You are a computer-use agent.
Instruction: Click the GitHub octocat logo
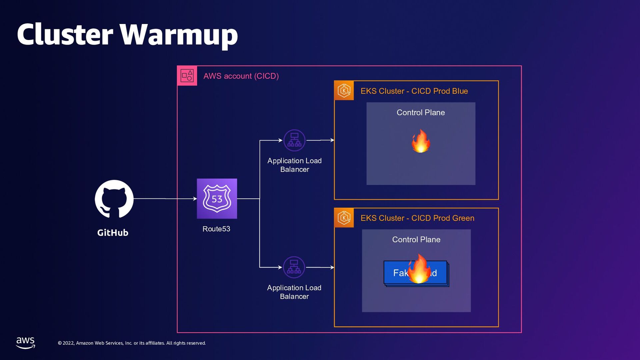coord(114,199)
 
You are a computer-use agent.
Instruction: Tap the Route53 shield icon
coord(217,199)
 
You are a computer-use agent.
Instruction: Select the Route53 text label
coord(216,229)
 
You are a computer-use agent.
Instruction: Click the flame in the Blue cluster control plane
coord(421,141)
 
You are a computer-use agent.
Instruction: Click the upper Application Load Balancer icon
coord(294,140)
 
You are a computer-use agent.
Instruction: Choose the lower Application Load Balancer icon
coord(294,267)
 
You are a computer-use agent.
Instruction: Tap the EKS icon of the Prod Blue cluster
coord(344,90)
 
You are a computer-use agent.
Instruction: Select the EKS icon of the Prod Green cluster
coord(344,218)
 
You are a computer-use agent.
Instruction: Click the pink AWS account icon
coord(187,76)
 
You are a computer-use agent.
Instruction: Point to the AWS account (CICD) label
coord(241,76)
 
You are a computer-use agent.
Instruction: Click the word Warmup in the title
coord(179,35)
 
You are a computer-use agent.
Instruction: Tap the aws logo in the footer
coord(25,342)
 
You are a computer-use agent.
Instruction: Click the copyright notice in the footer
coord(132,343)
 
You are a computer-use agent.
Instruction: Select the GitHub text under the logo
coord(113,233)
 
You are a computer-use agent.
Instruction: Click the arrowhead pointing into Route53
coord(195,199)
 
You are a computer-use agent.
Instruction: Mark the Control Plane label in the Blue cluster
coord(421,113)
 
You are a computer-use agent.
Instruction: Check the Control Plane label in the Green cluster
coord(416,240)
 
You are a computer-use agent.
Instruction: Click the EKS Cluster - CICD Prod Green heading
coord(417,218)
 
